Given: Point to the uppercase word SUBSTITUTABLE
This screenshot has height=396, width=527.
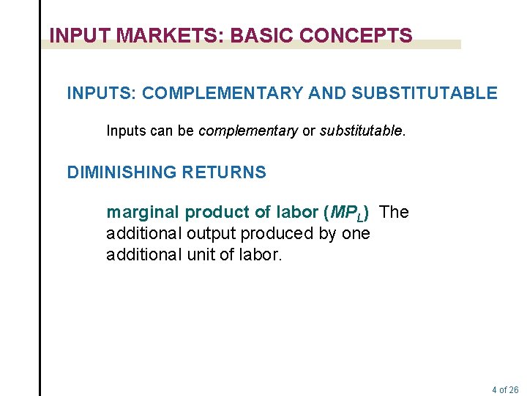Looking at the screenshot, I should (425, 93).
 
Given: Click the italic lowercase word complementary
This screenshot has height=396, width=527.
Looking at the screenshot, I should (248, 131).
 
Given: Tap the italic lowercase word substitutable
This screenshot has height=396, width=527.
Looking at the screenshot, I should (361, 131).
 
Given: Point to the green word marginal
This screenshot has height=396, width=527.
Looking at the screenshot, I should (143, 213).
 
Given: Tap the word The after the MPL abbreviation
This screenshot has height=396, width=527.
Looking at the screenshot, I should (395, 213).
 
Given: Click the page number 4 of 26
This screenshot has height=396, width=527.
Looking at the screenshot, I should (505, 389).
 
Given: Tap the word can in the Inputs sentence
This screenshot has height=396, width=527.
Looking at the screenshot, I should (154, 131).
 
